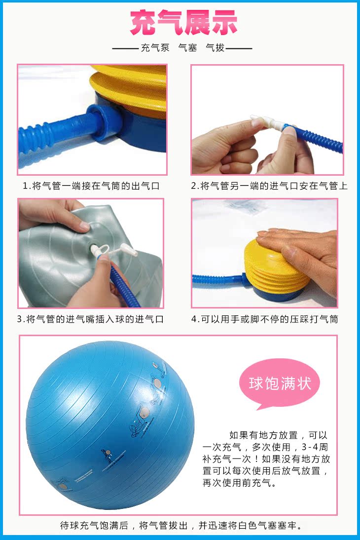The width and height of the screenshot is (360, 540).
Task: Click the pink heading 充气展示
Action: click(183, 22)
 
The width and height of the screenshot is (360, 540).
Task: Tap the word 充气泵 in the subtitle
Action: click(155, 48)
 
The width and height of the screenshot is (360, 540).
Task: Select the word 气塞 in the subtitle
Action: click(187, 48)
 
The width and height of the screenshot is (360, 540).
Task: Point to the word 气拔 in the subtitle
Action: click(215, 48)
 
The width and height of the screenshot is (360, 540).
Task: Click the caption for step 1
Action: click(91, 186)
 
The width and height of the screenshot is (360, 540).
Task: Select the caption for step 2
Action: click(269, 186)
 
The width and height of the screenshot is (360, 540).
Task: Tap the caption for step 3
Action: click(90, 319)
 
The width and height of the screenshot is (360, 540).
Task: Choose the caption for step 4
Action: click(265, 319)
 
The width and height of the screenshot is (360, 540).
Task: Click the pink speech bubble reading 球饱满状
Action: click(279, 384)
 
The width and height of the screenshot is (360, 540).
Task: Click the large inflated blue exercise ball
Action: click(110, 425)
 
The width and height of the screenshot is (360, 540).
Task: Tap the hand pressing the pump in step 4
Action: click(299, 254)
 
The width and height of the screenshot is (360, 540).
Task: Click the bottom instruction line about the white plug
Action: click(182, 526)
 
